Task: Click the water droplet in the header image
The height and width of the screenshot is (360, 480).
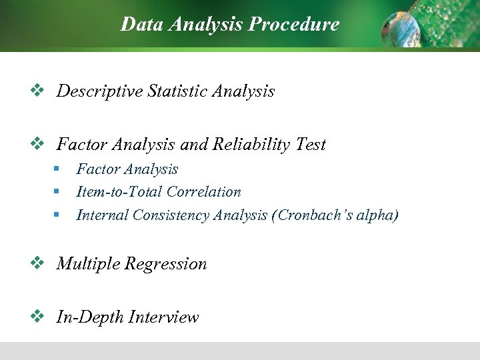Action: pos(401,27)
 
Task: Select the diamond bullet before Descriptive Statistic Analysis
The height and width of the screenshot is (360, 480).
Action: pos(37,90)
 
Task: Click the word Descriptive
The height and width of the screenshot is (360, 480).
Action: pos(99,91)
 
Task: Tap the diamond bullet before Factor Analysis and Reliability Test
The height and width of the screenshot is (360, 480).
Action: pos(37,143)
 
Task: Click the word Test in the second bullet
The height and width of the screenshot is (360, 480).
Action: pos(310,145)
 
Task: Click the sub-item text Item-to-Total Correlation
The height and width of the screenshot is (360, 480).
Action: pos(159,192)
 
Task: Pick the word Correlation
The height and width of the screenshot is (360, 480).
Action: pos(203,192)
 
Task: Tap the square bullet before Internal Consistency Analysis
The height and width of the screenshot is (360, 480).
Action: pos(58,215)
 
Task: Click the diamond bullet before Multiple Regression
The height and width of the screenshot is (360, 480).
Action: pos(37,263)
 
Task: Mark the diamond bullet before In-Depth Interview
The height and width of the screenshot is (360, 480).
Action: pos(37,316)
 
